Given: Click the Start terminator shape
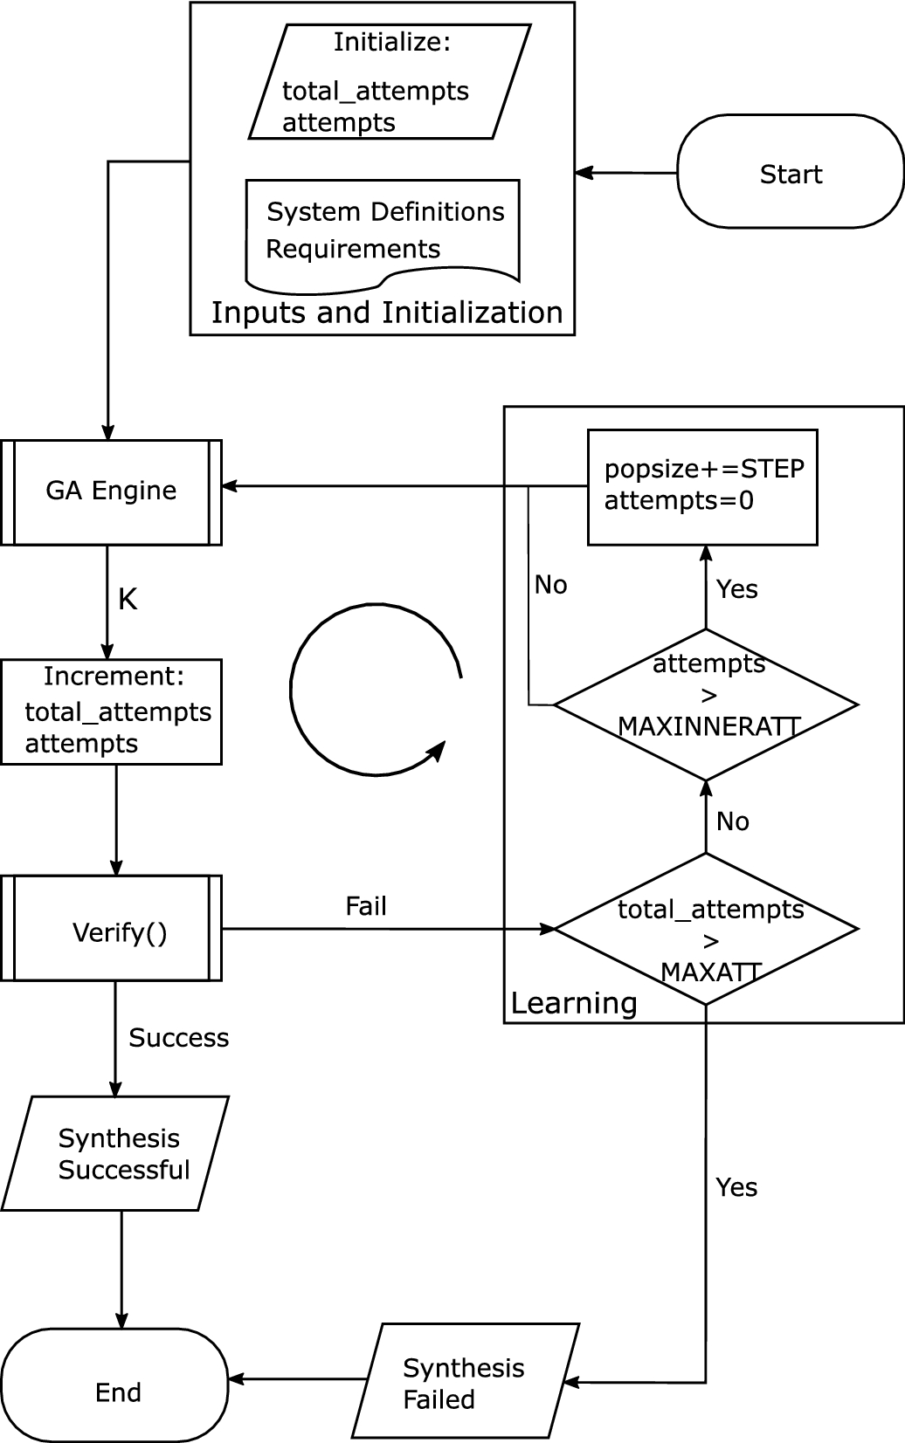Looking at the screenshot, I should click(x=790, y=172).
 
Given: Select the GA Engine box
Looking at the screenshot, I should click(x=111, y=492).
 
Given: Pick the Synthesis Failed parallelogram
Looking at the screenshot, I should click(x=465, y=1381).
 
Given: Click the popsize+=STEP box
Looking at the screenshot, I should click(x=702, y=487).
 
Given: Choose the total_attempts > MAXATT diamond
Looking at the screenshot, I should click(x=706, y=929).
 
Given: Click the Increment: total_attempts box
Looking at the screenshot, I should click(x=111, y=712).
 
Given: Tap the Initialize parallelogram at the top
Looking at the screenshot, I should click(x=390, y=82).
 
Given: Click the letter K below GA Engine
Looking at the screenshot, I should click(x=128, y=600).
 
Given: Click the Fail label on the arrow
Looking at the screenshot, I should click(x=365, y=906).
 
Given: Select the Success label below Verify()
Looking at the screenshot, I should click(x=178, y=1038).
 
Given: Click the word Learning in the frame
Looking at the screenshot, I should click(x=574, y=1003).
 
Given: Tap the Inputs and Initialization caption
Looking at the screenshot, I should click(x=386, y=313).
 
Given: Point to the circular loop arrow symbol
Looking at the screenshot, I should click(x=376, y=689).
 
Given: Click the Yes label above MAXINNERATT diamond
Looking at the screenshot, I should click(x=736, y=589).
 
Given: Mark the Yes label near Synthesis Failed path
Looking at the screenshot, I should click(x=736, y=1187).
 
